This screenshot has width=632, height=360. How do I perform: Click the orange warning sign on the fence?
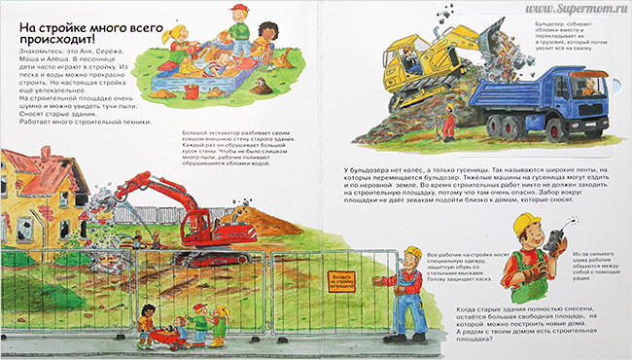340,284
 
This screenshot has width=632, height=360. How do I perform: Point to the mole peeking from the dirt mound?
261,87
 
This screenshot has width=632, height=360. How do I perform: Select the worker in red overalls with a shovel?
448,124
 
